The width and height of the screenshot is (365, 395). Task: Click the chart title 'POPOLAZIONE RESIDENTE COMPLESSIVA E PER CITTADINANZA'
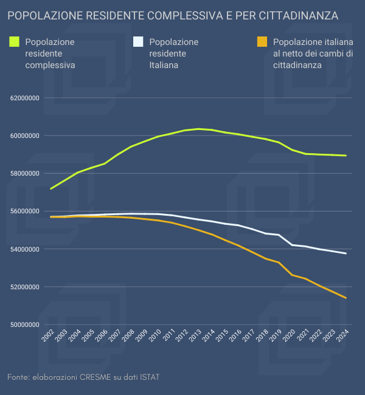click(x=173, y=15)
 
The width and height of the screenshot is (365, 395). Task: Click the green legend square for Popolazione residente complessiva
click(x=15, y=42)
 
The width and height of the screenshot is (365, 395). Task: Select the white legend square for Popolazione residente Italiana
click(x=138, y=42)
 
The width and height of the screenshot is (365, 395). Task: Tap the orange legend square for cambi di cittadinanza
click(x=262, y=42)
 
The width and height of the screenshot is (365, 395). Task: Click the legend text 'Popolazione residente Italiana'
click(x=173, y=53)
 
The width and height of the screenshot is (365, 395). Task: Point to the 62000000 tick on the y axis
click(x=24, y=98)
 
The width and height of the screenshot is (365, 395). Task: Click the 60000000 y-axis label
click(x=24, y=136)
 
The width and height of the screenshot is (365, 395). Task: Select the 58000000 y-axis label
click(x=24, y=174)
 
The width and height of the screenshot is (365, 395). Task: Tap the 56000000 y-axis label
click(x=24, y=211)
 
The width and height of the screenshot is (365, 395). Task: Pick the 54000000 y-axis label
click(x=24, y=249)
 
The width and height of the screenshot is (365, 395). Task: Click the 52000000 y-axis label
click(x=24, y=287)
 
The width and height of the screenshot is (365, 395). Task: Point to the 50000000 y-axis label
click(x=24, y=325)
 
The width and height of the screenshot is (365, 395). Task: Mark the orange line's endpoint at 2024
click(x=346, y=298)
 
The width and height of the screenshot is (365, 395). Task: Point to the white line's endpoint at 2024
click(x=346, y=253)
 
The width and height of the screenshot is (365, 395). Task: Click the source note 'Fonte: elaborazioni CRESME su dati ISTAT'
click(x=83, y=377)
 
